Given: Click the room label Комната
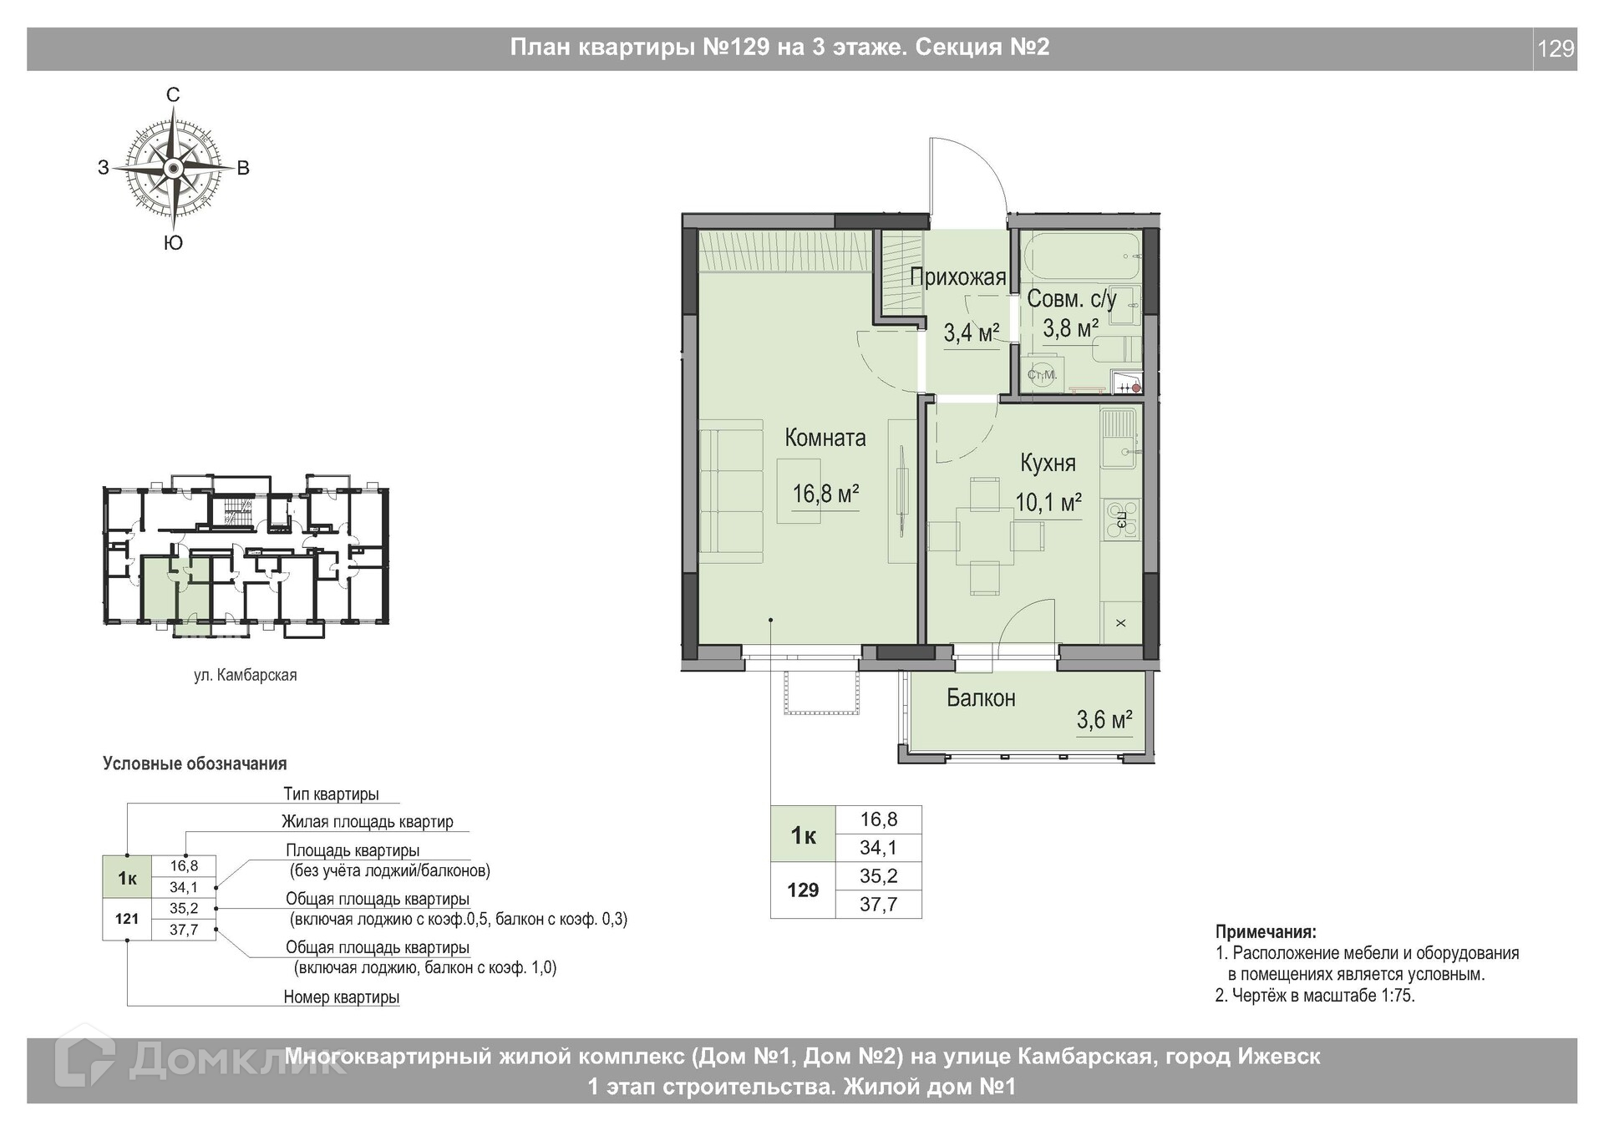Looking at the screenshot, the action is (825, 438).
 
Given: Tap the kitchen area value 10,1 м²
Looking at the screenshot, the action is (1048, 503).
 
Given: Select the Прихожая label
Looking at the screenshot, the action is (958, 277).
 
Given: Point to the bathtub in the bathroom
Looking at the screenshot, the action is (1081, 257).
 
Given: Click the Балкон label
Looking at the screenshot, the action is (981, 698).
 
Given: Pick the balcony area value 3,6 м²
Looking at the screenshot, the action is (1104, 720).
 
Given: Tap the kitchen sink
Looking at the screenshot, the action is (1118, 439).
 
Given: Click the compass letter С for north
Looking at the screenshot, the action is (173, 95).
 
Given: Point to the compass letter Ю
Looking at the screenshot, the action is (173, 243).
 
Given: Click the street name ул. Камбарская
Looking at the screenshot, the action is (246, 675).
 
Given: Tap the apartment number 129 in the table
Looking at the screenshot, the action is (803, 890).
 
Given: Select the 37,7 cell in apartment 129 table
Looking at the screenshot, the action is (879, 905).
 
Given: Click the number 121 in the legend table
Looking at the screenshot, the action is (127, 919).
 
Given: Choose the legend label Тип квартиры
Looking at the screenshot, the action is (331, 794).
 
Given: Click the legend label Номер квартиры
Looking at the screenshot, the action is (342, 997).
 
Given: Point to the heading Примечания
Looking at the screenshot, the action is (1266, 932).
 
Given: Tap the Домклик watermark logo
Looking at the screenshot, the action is (200, 1063).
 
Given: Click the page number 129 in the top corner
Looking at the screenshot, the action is (1556, 49).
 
